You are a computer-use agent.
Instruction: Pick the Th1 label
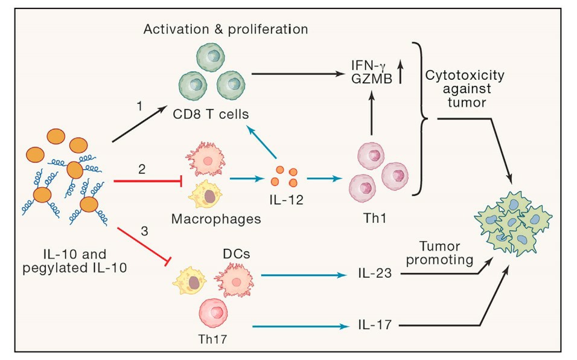pos(370,220)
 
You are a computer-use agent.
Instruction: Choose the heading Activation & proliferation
pos(226,28)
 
